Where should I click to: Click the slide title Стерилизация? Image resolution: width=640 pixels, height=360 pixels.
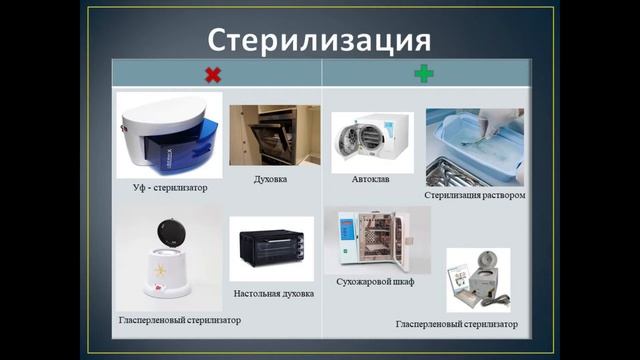point(319,40)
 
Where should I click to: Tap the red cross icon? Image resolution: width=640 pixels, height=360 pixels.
point(212,74)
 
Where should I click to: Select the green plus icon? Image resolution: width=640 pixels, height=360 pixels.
point(424,74)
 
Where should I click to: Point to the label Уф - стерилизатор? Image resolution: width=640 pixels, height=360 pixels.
point(169,188)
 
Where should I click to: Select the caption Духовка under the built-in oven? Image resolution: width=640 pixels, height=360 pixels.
point(271,179)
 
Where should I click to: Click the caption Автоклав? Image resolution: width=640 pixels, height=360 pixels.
point(371,180)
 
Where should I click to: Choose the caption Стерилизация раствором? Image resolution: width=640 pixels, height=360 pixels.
point(475,196)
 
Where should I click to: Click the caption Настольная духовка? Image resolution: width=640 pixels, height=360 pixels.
point(274,294)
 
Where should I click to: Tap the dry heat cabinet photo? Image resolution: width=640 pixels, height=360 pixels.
point(374,241)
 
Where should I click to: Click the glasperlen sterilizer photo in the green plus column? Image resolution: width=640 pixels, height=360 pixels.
point(477,279)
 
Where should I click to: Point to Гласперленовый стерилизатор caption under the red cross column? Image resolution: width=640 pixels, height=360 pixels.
point(179,319)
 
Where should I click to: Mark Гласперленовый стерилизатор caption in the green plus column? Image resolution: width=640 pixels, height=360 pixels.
point(457,325)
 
